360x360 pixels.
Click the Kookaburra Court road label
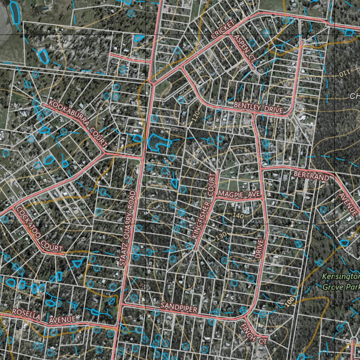[78, 123]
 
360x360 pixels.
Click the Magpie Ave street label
[239, 194]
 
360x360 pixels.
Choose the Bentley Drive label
[258, 107]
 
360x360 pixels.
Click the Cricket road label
[223, 30]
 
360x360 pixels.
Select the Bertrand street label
[311, 176]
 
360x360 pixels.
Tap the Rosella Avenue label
[44, 316]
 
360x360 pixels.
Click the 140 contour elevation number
[238, 215]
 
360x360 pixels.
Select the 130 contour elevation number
[221, 237]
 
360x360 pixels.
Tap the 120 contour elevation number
[197, 116]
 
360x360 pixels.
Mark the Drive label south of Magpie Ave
[259, 249]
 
